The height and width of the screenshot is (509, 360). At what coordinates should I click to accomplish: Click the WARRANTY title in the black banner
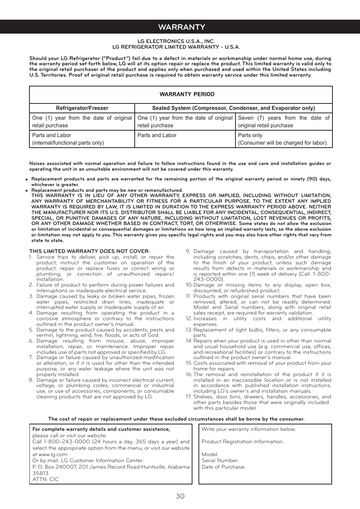pos(182,27)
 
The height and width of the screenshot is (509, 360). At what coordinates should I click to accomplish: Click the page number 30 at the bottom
pos(180,496)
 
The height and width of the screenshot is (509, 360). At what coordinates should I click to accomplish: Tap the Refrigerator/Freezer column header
pos(82,108)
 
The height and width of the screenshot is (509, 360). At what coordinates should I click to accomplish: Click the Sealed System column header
pos(233,108)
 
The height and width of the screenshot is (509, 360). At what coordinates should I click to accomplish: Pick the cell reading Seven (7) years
pos(283,122)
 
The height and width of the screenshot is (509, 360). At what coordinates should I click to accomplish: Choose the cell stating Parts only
pos(283,139)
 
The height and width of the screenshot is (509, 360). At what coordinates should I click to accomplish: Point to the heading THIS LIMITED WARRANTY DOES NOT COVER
pos(89,251)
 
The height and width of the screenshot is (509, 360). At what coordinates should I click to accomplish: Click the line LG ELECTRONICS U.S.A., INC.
pos(176,41)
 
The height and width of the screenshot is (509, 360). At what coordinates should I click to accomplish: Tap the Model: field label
pos(210,455)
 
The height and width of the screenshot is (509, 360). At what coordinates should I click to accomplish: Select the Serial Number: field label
pos(220,461)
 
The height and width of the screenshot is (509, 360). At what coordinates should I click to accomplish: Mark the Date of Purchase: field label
pos(223,467)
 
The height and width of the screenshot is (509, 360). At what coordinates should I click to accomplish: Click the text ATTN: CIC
pos(46,479)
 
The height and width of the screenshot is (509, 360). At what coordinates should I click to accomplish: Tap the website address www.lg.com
pos(53,455)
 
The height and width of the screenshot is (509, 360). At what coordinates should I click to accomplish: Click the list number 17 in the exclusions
pos(188,397)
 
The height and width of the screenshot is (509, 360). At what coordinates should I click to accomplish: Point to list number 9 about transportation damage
pos(188,251)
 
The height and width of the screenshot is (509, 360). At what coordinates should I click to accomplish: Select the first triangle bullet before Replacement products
pos(27,179)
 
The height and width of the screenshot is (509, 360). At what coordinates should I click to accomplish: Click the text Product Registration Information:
pos(243,442)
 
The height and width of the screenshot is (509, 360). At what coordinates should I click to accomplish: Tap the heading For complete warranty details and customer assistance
pos(101,429)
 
